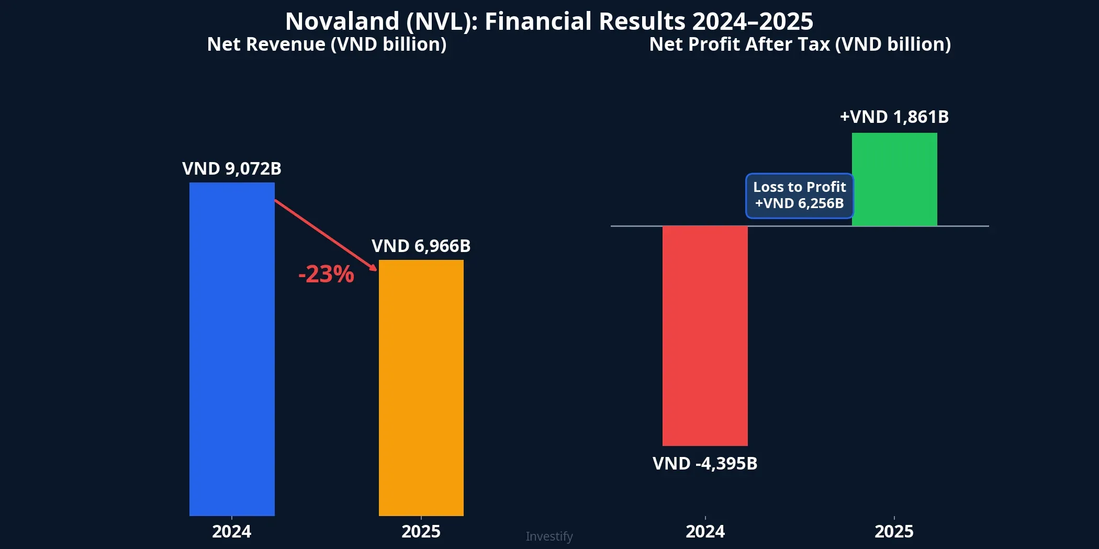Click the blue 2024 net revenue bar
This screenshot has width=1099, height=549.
click(x=232, y=349)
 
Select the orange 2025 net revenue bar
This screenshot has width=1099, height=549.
click(x=421, y=387)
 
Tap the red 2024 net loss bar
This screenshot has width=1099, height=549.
click(x=705, y=336)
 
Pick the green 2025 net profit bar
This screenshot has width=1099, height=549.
click(x=894, y=179)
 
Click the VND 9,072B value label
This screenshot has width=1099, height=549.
click(x=232, y=169)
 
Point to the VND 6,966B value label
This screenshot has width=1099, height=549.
click(x=421, y=246)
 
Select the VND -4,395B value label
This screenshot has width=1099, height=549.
click(x=705, y=464)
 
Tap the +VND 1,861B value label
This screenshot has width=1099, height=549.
click(x=894, y=117)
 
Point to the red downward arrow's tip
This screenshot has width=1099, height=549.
click(x=375, y=269)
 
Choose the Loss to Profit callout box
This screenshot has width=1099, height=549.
click(x=800, y=196)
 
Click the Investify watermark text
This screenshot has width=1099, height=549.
click(x=549, y=536)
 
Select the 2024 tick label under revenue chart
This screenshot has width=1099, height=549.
click(x=232, y=532)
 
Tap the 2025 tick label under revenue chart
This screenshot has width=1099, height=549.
click(x=421, y=532)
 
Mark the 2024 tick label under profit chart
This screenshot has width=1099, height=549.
click(x=705, y=532)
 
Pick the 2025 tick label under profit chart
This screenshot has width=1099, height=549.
click(x=894, y=532)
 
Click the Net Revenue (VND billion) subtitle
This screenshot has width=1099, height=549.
click(x=327, y=44)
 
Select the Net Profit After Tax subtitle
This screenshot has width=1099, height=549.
click(x=800, y=44)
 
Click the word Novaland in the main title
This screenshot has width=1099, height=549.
click(x=342, y=22)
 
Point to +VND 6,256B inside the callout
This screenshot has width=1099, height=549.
click(x=800, y=203)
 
